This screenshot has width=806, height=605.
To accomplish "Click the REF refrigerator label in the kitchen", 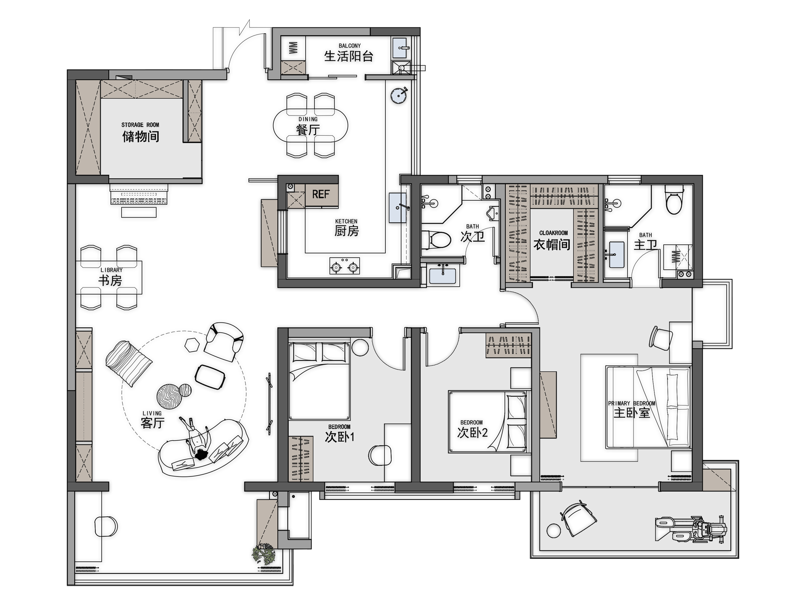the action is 321,194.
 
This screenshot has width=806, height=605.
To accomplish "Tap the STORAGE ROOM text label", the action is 140,125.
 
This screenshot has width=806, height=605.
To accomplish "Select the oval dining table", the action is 311,126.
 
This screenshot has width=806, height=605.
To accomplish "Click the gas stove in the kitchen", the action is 344,266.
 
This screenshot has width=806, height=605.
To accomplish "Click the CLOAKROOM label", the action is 553,233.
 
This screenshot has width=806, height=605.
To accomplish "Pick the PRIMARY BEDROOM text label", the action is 631,403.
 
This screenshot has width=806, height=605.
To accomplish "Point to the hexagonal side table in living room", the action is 192,344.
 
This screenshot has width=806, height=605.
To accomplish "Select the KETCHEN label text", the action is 346,221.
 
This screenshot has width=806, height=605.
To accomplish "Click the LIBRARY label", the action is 112,270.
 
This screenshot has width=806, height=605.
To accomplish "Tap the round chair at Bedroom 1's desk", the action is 380,455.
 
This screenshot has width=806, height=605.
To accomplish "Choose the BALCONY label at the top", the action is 350,46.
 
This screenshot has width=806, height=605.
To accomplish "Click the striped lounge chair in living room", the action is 129,363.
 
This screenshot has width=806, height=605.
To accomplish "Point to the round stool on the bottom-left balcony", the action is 106,526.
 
